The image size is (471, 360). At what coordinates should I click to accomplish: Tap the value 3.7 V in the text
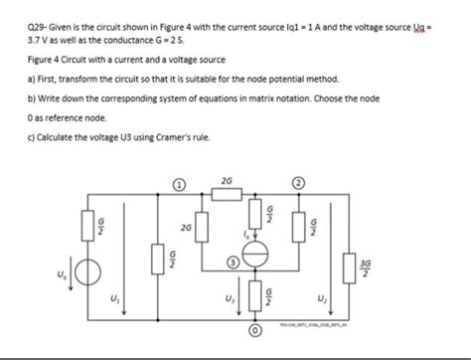21,30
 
